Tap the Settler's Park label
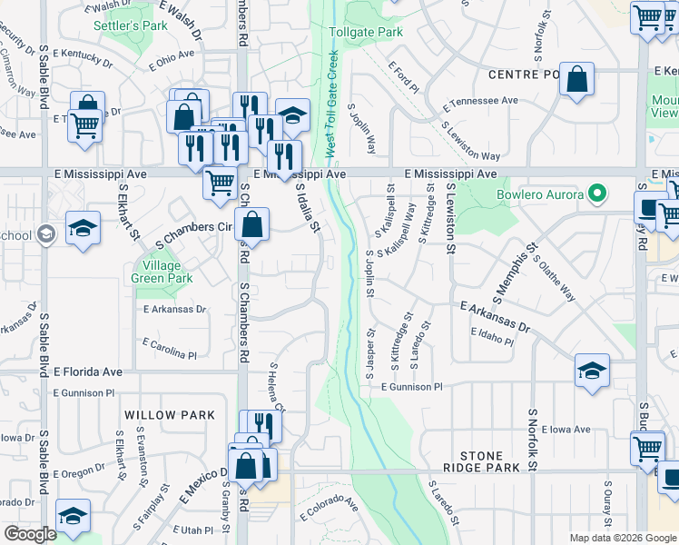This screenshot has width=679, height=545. click(131, 25)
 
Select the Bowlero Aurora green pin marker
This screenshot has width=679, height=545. click(596, 193)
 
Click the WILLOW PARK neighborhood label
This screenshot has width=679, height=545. click(170, 415)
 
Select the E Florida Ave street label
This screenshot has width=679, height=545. click(87, 372)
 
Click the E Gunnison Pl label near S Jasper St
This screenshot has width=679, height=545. click(410, 386)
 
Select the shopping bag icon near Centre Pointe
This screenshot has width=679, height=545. click(576, 79)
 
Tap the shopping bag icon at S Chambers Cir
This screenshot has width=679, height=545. click(252, 224)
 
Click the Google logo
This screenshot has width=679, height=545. click(30, 533)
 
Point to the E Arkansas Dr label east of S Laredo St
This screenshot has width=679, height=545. click(495, 317)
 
